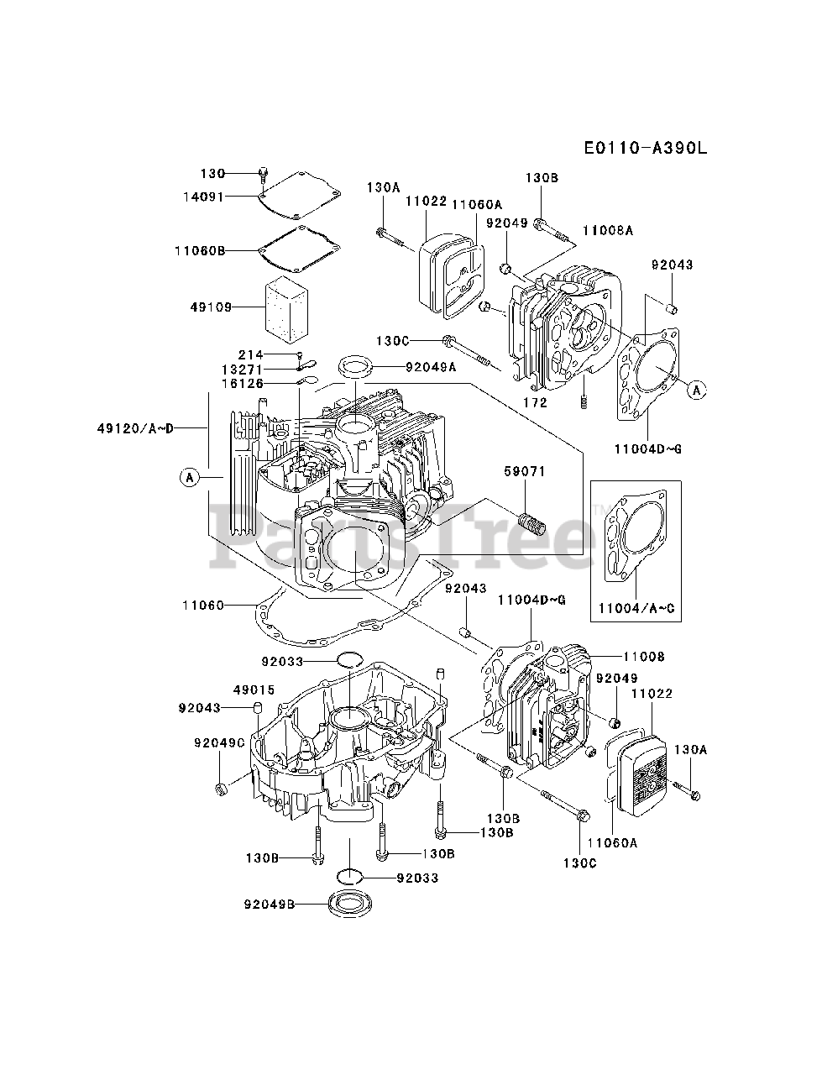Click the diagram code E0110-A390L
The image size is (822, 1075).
646,148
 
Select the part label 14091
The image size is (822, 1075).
204,197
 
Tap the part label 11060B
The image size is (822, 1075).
200,251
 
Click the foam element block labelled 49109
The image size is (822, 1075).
287,309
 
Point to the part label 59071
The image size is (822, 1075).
525,471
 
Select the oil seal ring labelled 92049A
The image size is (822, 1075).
356,367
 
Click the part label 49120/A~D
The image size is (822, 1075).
136,428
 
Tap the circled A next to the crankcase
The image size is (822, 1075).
190,477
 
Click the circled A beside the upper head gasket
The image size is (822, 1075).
697,390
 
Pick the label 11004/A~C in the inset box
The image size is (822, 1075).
636,608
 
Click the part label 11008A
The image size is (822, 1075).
608,230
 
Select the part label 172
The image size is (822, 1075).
535,402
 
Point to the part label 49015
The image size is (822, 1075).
254,690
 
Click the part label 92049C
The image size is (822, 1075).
219,743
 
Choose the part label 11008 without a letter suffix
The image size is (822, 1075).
644,656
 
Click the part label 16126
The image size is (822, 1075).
243,383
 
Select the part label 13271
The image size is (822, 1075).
243,369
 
